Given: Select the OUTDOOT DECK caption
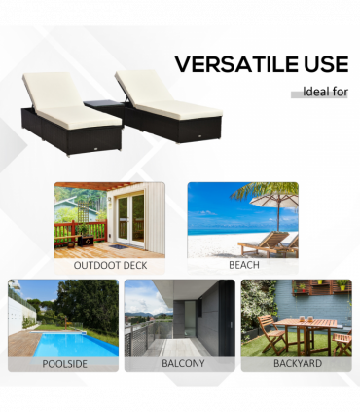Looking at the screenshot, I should coord(109,265).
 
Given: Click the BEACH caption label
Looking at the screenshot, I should coord(242,265).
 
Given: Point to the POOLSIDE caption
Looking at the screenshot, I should coord(63,363).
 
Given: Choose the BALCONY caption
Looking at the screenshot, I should coord(179,363).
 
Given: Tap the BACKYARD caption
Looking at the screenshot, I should coord(296,363).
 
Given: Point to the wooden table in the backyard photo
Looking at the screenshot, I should coord(309,326).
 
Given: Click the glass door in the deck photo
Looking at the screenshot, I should coord(129,218).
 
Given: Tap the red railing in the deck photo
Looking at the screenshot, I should coord(78,232).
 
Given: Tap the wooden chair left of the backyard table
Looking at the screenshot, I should coord(271,336).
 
